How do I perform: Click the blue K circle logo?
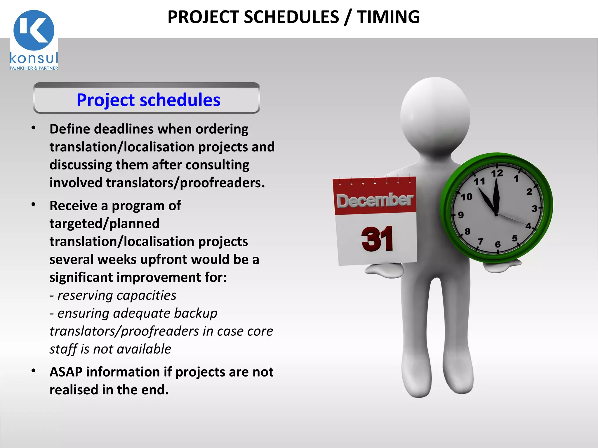click(x=34, y=30)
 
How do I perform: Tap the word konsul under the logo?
click(x=34, y=58)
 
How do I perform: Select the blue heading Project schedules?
click(x=148, y=100)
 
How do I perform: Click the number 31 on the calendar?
click(x=377, y=239)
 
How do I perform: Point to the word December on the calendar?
click(x=375, y=200)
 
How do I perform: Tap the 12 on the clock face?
click(x=497, y=174)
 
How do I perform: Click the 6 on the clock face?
click(x=498, y=244)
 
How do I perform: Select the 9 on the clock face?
click(x=461, y=215)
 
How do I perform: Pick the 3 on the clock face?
click(x=534, y=209)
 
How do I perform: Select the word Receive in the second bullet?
click(x=73, y=206)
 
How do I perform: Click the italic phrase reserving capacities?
click(x=117, y=295)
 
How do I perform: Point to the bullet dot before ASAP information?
click(x=34, y=370)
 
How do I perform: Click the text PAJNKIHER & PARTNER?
click(x=34, y=68)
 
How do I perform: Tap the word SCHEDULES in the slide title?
click(x=291, y=17)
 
